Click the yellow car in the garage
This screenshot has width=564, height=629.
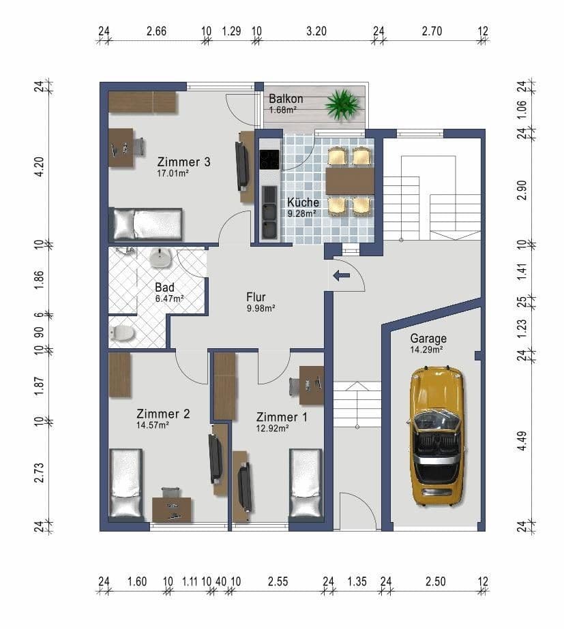pyautogui.click(x=436, y=436)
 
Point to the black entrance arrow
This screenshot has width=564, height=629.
pyautogui.click(x=340, y=276)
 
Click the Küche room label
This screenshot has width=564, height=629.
pyautogui.click(x=303, y=202)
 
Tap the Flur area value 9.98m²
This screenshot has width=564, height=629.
pyautogui.click(x=260, y=308)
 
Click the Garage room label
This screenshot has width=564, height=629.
pyautogui.click(x=428, y=338)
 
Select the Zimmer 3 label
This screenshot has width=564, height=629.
pyautogui.click(x=183, y=162)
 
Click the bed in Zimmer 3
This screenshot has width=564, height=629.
pyautogui.click(x=147, y=224)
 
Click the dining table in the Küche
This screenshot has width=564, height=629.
pyautogui.click(x=350, y=182)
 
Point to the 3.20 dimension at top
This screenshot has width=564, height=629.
pyautogui.click(x=316, y=31)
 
